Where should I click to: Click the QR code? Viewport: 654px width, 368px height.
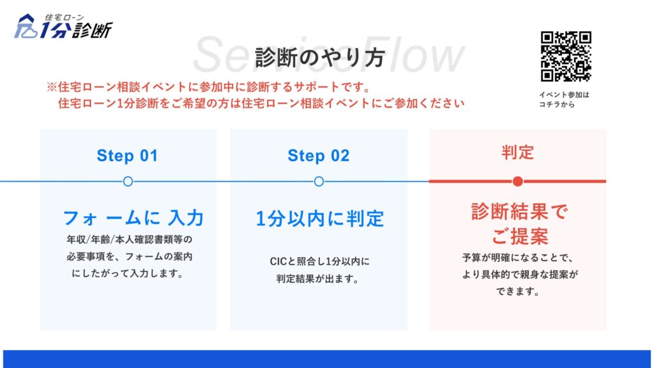[566, 56]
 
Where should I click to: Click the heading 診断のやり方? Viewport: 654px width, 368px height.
[320, 57]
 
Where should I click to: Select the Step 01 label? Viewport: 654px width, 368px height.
[127, 156]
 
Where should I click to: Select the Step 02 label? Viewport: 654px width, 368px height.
[319, 156]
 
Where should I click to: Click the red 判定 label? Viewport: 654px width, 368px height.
[517, 152]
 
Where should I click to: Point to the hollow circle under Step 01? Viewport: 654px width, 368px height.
[128, 181]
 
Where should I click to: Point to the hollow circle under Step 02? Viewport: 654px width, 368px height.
[319, 181]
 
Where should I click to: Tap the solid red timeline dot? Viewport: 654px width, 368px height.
[517, 181]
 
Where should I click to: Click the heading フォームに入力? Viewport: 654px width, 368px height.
[133, 218]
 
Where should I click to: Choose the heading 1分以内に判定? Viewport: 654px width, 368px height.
[319, 218]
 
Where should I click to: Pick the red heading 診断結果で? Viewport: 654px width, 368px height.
[519, 211]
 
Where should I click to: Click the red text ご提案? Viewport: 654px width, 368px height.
[519, 236]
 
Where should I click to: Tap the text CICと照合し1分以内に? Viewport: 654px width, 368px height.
[319, 261]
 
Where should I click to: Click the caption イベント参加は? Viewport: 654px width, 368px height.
[564, 95]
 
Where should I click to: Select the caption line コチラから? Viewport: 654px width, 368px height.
[557, 104]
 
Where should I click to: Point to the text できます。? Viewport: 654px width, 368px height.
[518, 291]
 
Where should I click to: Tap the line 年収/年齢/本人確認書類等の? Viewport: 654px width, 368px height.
[129, 240]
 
